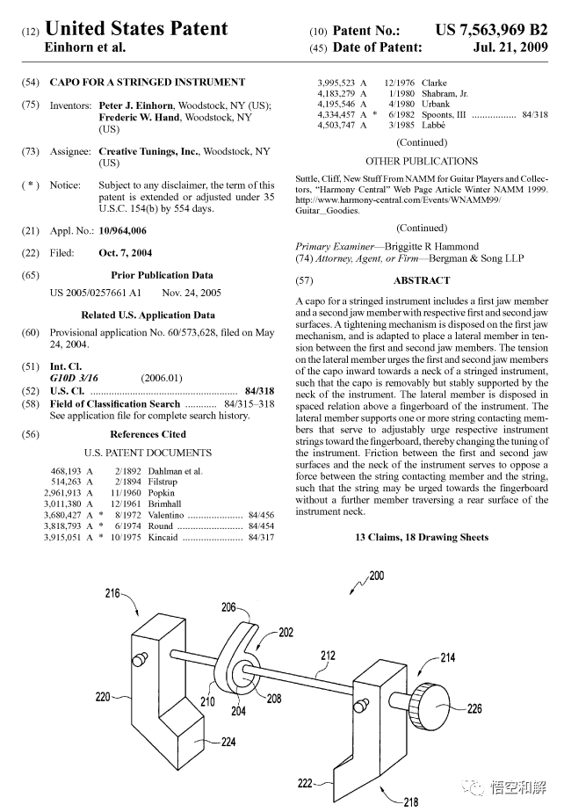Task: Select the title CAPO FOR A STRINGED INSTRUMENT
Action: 147,82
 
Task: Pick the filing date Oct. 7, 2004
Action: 125,253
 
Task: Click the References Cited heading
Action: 148,433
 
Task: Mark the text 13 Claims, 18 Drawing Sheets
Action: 422,537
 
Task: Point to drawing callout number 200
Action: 376,576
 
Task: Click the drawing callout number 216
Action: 112,594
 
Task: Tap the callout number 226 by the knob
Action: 474,708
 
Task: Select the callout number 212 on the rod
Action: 328,655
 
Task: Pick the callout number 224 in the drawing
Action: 228,742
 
